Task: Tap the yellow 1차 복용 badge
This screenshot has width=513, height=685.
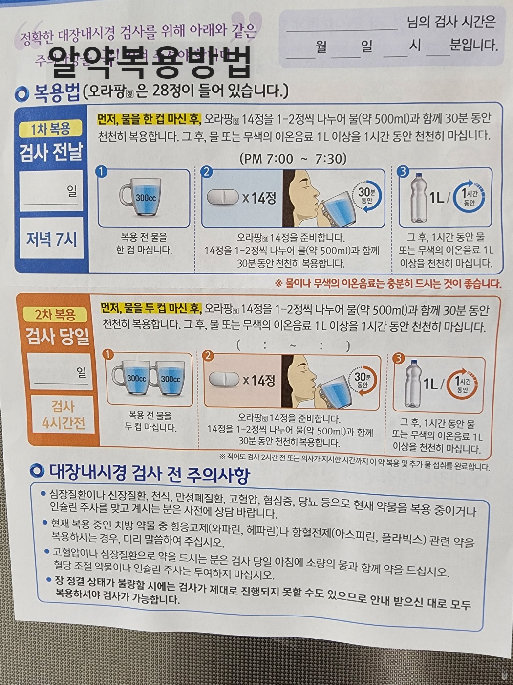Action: [50, 129]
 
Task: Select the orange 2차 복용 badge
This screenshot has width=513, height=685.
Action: [55, 314]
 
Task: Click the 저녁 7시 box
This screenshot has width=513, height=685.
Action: [51, 239]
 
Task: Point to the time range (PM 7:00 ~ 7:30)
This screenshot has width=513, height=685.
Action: [293, 159]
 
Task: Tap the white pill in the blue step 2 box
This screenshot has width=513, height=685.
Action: [223, 197]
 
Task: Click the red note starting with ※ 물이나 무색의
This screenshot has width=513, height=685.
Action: [388, 283]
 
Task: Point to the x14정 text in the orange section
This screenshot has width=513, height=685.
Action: [259, 380]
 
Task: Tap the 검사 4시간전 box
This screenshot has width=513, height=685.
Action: [63, 414]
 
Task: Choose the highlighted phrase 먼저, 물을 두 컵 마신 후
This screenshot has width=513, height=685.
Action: [151, 308]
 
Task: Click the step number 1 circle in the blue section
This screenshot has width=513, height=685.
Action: [101, 171]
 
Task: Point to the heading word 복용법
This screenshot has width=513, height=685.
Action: [56, 92]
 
